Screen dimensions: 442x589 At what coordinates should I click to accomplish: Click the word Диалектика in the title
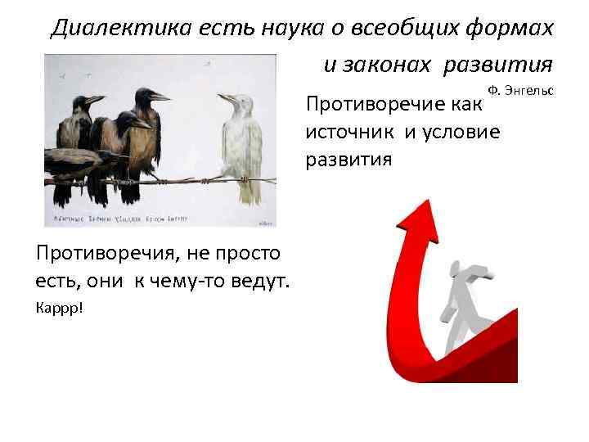tap(106, 29)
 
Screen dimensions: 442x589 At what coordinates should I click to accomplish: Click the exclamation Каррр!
tap(59, 309)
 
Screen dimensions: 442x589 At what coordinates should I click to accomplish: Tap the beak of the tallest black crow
tap(160, 96)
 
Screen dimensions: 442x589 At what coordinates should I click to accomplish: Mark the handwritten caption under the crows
tap(131, 218)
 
